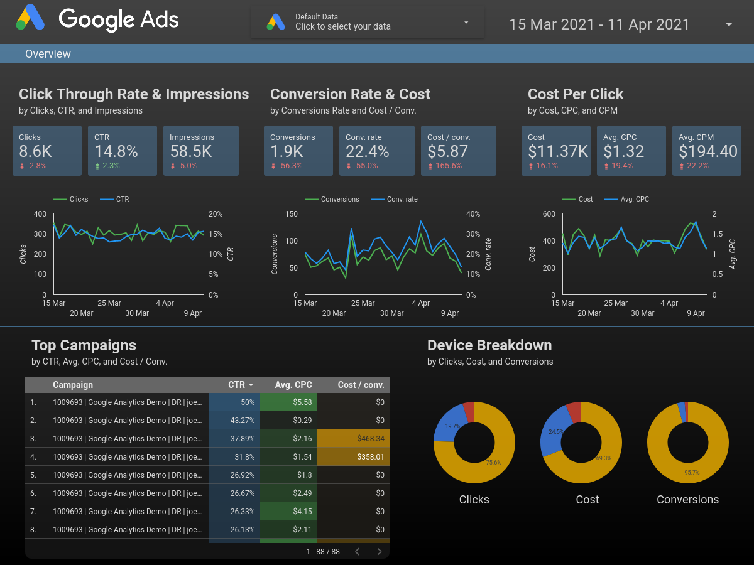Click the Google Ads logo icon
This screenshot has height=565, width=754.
[x=30, y=18]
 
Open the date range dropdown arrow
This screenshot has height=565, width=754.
[x=729, y=24]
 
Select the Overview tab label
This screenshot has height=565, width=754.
[x=48, y=54]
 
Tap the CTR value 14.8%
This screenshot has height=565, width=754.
[x=116, y=151]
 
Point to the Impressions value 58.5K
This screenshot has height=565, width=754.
[x=190, y=151]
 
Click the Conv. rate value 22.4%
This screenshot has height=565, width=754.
[x=367, y=151]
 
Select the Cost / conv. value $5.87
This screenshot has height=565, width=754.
[x=447, y=151]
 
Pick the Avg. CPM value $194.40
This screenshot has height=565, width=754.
[x=708, y=151]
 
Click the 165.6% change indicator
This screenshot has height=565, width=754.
[x=447, y=166]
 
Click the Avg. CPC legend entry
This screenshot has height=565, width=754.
[x=635, y=199]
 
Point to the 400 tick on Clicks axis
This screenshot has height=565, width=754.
[x=40, y=214]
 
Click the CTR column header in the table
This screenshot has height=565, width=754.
[x=237, y=385]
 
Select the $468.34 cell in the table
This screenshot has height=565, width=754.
[x=370, y=439]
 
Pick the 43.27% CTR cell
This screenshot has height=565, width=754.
[x=243, y=421]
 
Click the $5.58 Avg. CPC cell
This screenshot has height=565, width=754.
[x=302, y=402]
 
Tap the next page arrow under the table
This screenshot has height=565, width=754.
[x=380, y=552]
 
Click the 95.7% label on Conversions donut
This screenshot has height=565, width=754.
[x=692, y=473]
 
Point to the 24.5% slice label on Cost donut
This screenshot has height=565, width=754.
[x=556, y=432]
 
